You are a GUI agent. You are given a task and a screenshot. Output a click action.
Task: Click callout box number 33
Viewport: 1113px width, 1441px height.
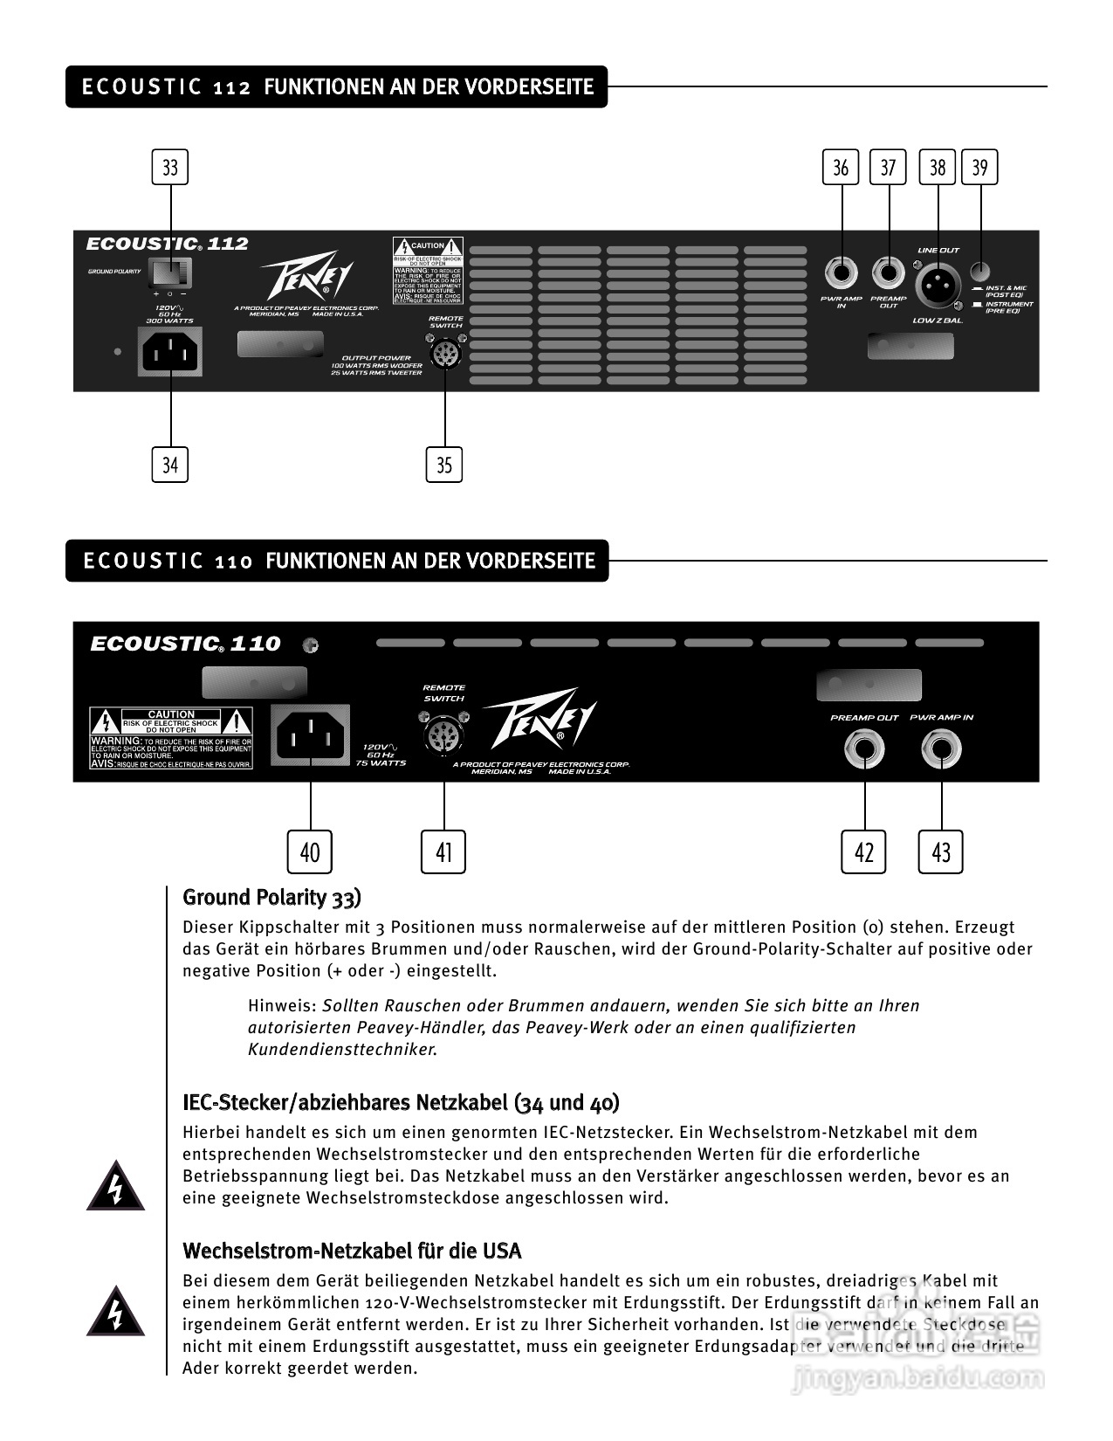point(170,167)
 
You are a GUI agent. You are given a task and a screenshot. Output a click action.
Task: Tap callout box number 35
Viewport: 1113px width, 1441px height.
point(444,465)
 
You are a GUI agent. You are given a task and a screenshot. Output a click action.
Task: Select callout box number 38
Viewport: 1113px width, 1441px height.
point(938,167)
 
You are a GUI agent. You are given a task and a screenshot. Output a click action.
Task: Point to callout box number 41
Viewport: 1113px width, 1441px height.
point(443,851)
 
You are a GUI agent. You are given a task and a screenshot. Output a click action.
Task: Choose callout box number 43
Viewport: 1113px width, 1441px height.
point(941,851)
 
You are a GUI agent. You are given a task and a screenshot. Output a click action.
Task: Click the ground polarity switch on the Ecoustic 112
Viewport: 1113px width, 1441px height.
point(170,273)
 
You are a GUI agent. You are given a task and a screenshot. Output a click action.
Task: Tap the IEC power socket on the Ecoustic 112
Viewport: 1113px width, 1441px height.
point(170,352)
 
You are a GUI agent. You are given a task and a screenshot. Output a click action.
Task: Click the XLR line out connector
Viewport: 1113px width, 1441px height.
point(938,284)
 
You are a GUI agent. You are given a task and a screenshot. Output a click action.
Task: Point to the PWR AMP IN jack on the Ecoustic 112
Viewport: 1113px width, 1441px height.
point(842,274)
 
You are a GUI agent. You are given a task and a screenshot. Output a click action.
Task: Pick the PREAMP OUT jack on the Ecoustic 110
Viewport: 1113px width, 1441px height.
point(864,750)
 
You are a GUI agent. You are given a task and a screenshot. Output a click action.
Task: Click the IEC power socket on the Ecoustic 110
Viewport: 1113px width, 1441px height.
point(311,735)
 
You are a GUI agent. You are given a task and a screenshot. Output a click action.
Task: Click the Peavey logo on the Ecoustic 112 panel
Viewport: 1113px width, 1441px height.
point(308,279)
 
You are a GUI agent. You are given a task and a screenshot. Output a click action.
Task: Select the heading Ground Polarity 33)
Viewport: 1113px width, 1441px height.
point(271,898)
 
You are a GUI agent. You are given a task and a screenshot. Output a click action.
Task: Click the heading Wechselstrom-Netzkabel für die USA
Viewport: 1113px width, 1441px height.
point(352,1251)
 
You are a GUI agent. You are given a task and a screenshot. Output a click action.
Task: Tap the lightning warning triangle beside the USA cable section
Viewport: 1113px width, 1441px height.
point(115,1311)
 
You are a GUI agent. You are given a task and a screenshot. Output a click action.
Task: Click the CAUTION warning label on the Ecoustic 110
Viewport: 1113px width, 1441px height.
point(172,739)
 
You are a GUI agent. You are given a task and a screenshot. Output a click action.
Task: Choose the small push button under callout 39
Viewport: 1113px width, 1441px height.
point(980,272)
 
